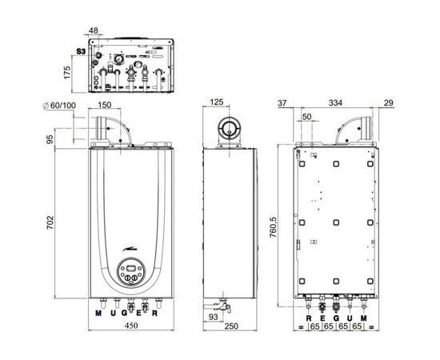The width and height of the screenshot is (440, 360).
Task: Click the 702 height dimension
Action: [50, 222]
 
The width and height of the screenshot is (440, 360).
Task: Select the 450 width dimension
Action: [131, 326]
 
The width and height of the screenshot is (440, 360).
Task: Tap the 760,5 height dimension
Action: [273, 227]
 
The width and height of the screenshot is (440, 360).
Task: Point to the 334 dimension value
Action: [336, 103]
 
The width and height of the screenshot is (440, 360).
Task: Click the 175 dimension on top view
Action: [67, 72]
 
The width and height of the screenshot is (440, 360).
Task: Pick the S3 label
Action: [81, 51]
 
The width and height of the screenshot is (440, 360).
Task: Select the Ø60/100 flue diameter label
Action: [59, 106]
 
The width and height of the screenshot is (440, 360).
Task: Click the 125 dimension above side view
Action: [216, 102]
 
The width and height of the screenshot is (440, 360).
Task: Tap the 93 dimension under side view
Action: [214, 317]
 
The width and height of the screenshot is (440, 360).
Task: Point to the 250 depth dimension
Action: [231, 326]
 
